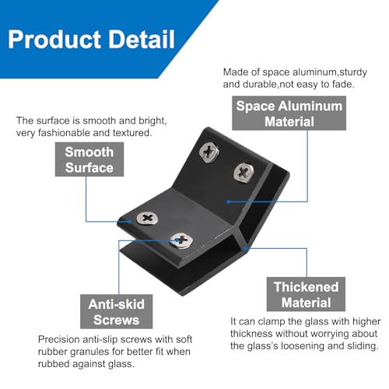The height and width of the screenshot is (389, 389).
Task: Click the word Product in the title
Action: point(54,40)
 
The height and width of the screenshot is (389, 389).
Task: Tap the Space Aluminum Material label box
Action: point(289,113)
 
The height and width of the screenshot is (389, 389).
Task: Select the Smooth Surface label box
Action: point(89,159)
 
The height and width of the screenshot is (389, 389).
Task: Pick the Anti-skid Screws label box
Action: point(116,311)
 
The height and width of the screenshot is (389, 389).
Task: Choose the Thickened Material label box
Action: point(306,294)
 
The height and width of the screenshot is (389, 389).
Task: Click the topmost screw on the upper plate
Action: point(209,152)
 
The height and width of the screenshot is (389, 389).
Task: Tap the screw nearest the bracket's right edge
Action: point(244,172)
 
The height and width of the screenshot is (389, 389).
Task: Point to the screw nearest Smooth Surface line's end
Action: point(147,218)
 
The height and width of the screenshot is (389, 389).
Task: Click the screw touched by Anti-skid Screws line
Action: point(181,240)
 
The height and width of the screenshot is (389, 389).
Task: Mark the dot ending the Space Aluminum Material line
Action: point(229,202)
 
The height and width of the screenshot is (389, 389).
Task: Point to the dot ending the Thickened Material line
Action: point(246,248)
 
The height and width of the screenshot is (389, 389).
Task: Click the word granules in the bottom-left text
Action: point(92,352)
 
